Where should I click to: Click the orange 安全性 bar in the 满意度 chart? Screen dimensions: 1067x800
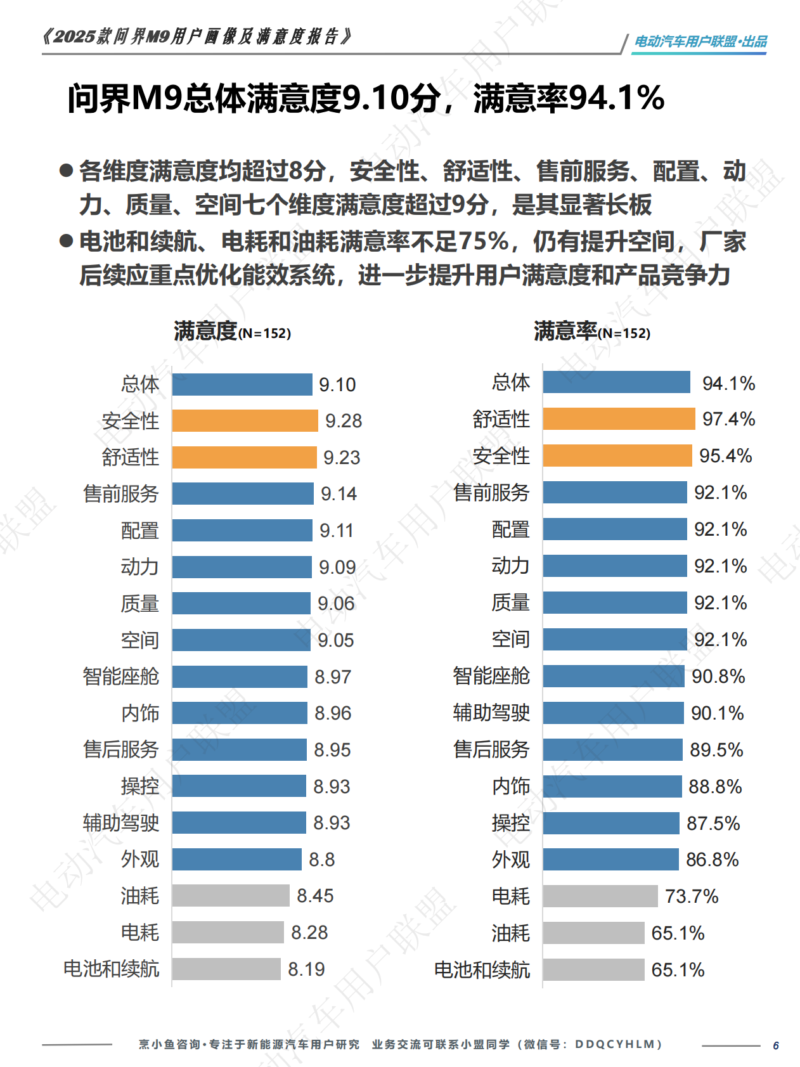click(x=245, y=421)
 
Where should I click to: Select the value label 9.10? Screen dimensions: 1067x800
click(x=337, y=385)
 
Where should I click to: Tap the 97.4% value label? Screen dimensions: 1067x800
click(x=728, y=419)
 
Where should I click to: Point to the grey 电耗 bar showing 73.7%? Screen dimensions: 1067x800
click(x=600, y=896)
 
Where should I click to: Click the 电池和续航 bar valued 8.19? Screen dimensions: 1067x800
click(x=226, y=969)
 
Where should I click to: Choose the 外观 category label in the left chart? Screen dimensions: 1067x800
click(x=139, y=860)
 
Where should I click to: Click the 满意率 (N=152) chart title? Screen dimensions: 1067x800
click(x=591, y=332)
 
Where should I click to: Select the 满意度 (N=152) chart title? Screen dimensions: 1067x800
click(x=232, y=332)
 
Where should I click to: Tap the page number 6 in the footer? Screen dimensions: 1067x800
click(x=775, y=1045)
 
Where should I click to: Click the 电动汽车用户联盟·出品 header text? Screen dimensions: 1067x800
click(x=700, y=42)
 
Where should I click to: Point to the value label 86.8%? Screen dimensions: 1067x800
click(x=712, y=860)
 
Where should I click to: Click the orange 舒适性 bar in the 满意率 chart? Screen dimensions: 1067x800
click(x=619, y=419)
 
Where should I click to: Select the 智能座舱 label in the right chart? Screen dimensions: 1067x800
click(x=491, y=676)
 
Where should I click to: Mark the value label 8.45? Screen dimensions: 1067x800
click(x=315, y=896)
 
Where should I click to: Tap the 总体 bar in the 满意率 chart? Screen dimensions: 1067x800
click(x=616, y=382)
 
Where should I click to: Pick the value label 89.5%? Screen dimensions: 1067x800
click(x=716, y=750)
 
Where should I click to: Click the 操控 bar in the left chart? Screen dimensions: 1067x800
click(x=239, y=787)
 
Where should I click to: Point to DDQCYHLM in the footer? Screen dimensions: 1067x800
click(x=618, y=1044)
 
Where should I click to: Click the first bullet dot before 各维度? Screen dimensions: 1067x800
click(x=66, y=171)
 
